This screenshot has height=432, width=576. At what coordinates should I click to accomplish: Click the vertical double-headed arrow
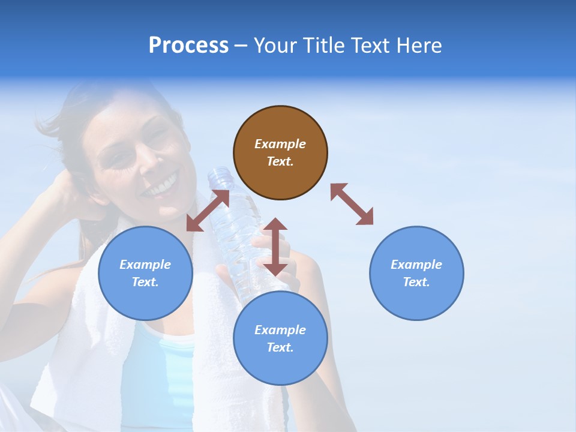[x=275, y=247]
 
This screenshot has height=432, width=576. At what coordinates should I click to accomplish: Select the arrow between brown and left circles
[x=208, y=211]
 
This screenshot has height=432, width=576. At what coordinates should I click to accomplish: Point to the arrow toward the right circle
[x=352, y=204]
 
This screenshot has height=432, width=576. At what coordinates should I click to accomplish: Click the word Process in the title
[x=188, y=46]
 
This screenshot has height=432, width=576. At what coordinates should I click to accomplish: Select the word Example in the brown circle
[x=280, y=144]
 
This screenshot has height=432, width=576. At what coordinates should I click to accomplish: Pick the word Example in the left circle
[x=145, y=265]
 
